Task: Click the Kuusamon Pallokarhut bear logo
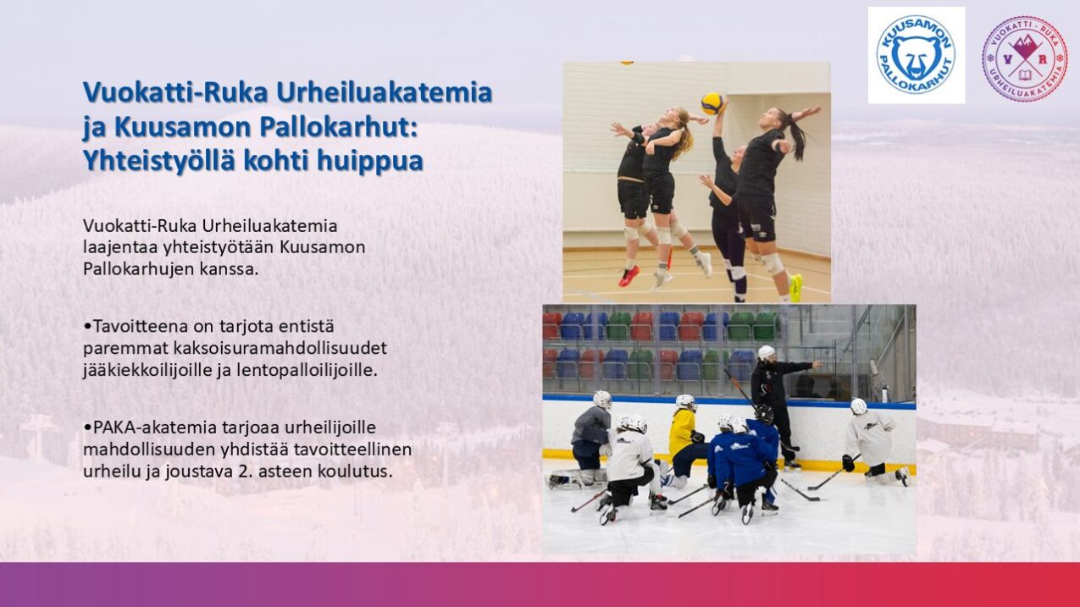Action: click(x=916, y=55)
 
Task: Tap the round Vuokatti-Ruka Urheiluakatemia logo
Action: click(x=1025, y=58)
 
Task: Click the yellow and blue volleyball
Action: click(x=712, y=103)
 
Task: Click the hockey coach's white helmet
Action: click(x=766, y=353)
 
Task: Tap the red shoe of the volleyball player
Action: click(x=629, y=276)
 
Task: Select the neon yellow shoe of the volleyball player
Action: click(x=795, y=288)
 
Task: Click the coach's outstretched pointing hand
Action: click(x=817, y=364)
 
